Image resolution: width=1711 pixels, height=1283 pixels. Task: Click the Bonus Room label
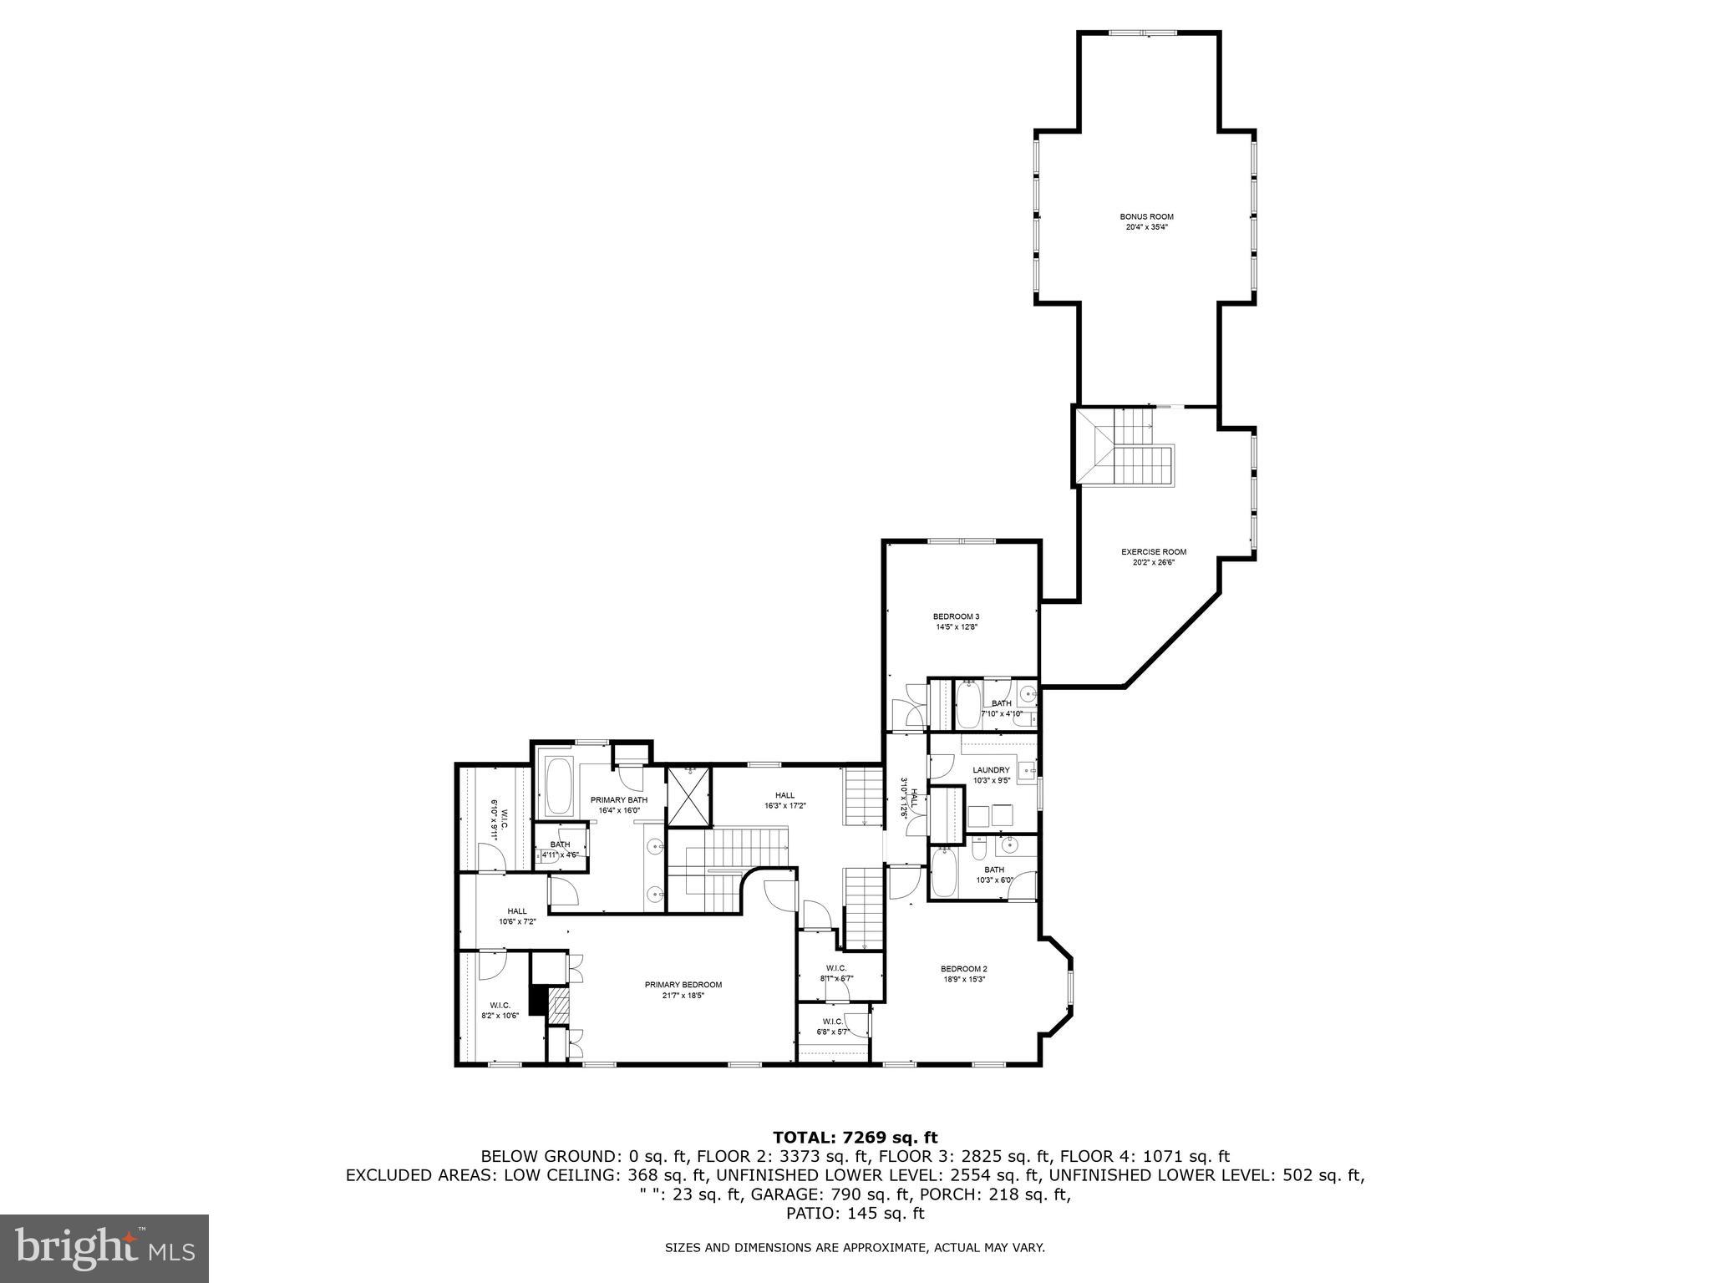pyautogui.click(x=1146, y=216)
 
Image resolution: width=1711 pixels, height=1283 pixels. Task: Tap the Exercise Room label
pyautogui.click(x=1153, y=551)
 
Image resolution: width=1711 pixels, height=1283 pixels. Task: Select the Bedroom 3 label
pyautogui.click(x=956, y=616)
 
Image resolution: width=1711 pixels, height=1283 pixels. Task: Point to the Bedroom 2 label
pyautogui.click(x=965, y=969)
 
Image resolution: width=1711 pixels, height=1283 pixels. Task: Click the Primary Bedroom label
pyautogui.click(x=683, y=985)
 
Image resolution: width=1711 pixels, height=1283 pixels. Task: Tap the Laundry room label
pyautogui.click(x=991, y=770)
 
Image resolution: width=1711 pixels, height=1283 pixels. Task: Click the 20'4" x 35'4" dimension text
pyautogui.click(x=1146, y=226)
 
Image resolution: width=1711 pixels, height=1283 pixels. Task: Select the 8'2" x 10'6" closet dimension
pyautogui.click(x=500, y=1016)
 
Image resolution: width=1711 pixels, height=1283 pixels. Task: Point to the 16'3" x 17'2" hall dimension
pyautogui.click(x=784, y=806)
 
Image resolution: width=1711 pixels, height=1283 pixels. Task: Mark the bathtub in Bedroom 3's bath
pyautogui.click(x=968, y=707)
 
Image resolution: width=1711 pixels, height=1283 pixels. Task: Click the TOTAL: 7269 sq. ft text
pyautogui.click(x=855, y=1137)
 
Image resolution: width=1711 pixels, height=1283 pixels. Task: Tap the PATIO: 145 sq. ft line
pyautogui.click(x=855, y=1214)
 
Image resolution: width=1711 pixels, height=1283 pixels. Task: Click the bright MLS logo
pyautogui.click(x=104, y=1249)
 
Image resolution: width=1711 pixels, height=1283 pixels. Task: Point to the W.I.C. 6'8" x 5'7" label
pyautogui.click(x=833, y=1027)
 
